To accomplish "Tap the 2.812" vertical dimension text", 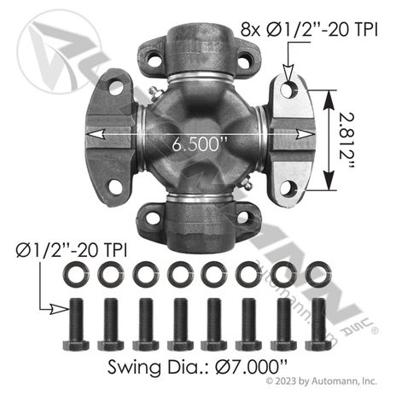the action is pyautogui.click(x=347, y=141).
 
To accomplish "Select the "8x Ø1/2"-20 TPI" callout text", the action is pyautogui.click(x=309, y=29).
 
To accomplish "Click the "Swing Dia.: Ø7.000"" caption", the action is pyautogui.click(x=197, y=367).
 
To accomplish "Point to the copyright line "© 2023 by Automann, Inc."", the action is pyautogui.click(x=322, y=381).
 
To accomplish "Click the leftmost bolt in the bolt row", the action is pyautogui.click(x=76, y=323).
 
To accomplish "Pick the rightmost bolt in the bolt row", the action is pyautogui.click(x=318, y=323).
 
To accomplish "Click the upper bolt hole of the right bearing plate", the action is pyautogui.click(x=289, y=90).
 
